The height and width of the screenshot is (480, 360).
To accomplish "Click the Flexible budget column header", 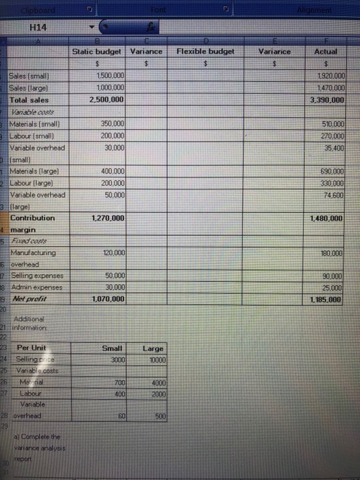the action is (206, 51).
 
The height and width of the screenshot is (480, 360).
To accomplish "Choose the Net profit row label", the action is (29, 299).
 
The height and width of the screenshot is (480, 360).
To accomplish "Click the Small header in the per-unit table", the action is (111, 348).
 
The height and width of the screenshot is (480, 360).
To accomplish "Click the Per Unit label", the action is (32, 348).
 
